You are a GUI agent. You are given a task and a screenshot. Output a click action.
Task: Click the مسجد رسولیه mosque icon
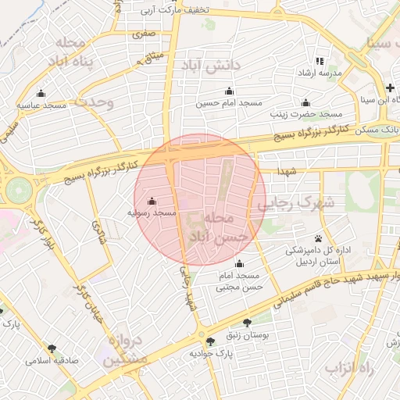coord(151,201)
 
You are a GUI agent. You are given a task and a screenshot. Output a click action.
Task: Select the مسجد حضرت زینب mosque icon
coord(305,102)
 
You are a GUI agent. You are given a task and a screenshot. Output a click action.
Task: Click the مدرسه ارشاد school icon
coord(319,60)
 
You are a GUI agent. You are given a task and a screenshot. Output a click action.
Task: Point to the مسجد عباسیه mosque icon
coord(41,93)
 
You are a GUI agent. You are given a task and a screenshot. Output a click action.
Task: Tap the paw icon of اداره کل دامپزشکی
coord(319,238)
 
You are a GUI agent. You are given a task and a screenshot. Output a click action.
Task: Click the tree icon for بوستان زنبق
coord(247,322)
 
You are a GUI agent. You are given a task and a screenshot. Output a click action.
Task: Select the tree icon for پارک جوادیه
coord(209,341)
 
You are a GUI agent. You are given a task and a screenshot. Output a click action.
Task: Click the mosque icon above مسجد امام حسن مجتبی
coord(238,264)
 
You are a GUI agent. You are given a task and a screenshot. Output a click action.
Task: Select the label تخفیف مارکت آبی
coord(173,10)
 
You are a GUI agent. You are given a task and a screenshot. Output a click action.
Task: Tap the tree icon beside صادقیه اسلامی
coord(52,348)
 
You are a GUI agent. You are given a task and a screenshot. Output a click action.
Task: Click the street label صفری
coord(144,34)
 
